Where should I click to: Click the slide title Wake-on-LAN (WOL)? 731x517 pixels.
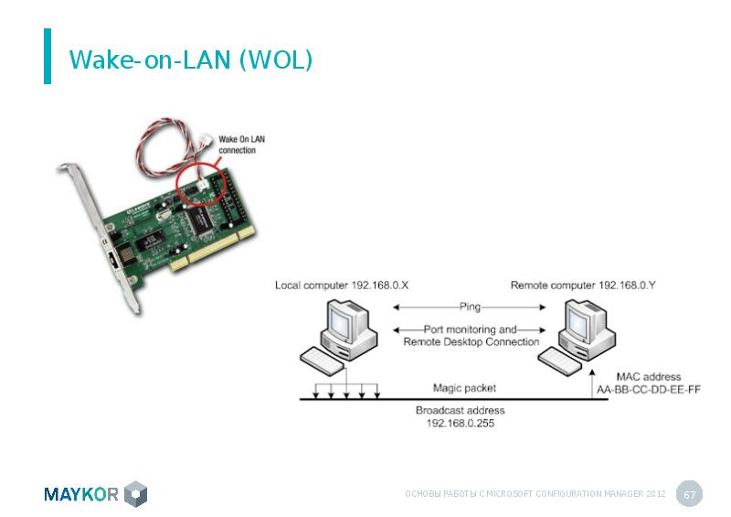pyautogui.click(x=191, y=59)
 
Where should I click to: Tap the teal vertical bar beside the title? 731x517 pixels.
pyautogui.click(x=48, y=56)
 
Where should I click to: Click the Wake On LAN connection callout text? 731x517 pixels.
pyautogui.click(x=241, y=145)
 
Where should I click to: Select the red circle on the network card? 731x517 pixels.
pyautogui.click(x=201, y=184)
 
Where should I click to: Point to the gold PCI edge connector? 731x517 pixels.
pyautogui.click(x=212, y=249)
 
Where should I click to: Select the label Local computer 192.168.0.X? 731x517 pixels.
pyautogui.click(x=342, y=285)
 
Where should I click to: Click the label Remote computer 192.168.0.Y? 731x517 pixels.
pyautogui.click(x=583, y=285)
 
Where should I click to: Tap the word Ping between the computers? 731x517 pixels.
pyautogui.click(x=470, y=307)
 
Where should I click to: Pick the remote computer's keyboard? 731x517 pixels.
pyautogui.click(x=559, y=361)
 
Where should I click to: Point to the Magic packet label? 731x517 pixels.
pyautogui.click(x=464, y=388)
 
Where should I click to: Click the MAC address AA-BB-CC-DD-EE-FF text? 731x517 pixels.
pyautogui.click(x=649, y=383)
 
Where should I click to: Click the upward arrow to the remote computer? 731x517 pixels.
pyautogui.click(x=592, y=384)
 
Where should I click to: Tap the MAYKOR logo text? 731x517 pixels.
pyautogui.click(x=81, y=494)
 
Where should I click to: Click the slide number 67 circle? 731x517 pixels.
pyautogui.click(x=689, y=494)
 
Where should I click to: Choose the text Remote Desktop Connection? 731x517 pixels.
pyautogui.click(x=471, y=342)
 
